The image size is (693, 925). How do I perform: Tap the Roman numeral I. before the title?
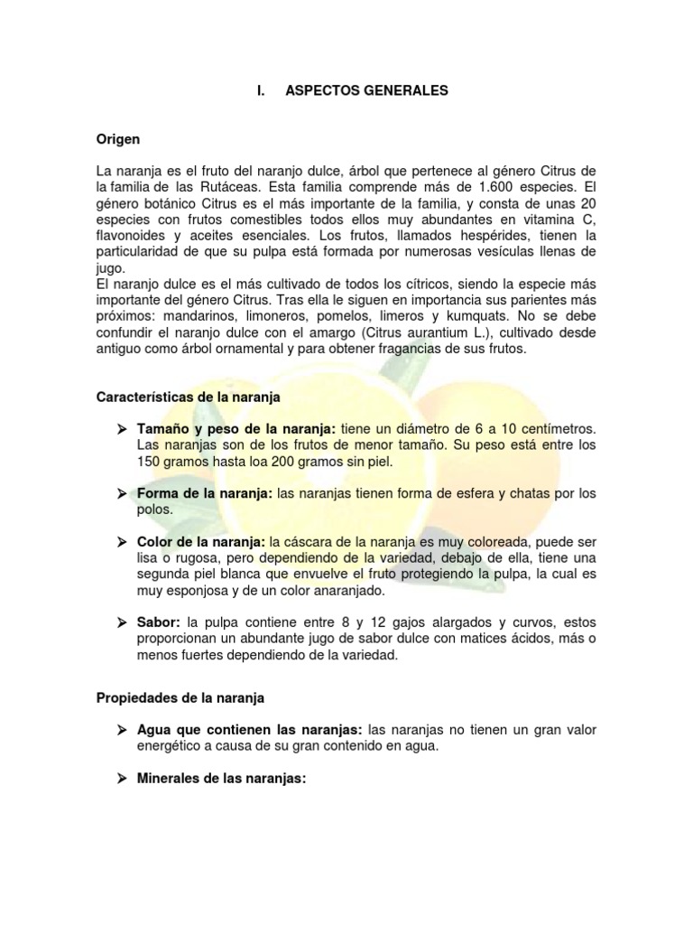pyautogui.click(x=260, y=91)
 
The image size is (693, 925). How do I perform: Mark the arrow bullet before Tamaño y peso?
pyautogui.click(x=122, y=429)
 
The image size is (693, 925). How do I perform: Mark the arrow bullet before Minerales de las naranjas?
pyautogui.click(x=122, y=777)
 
